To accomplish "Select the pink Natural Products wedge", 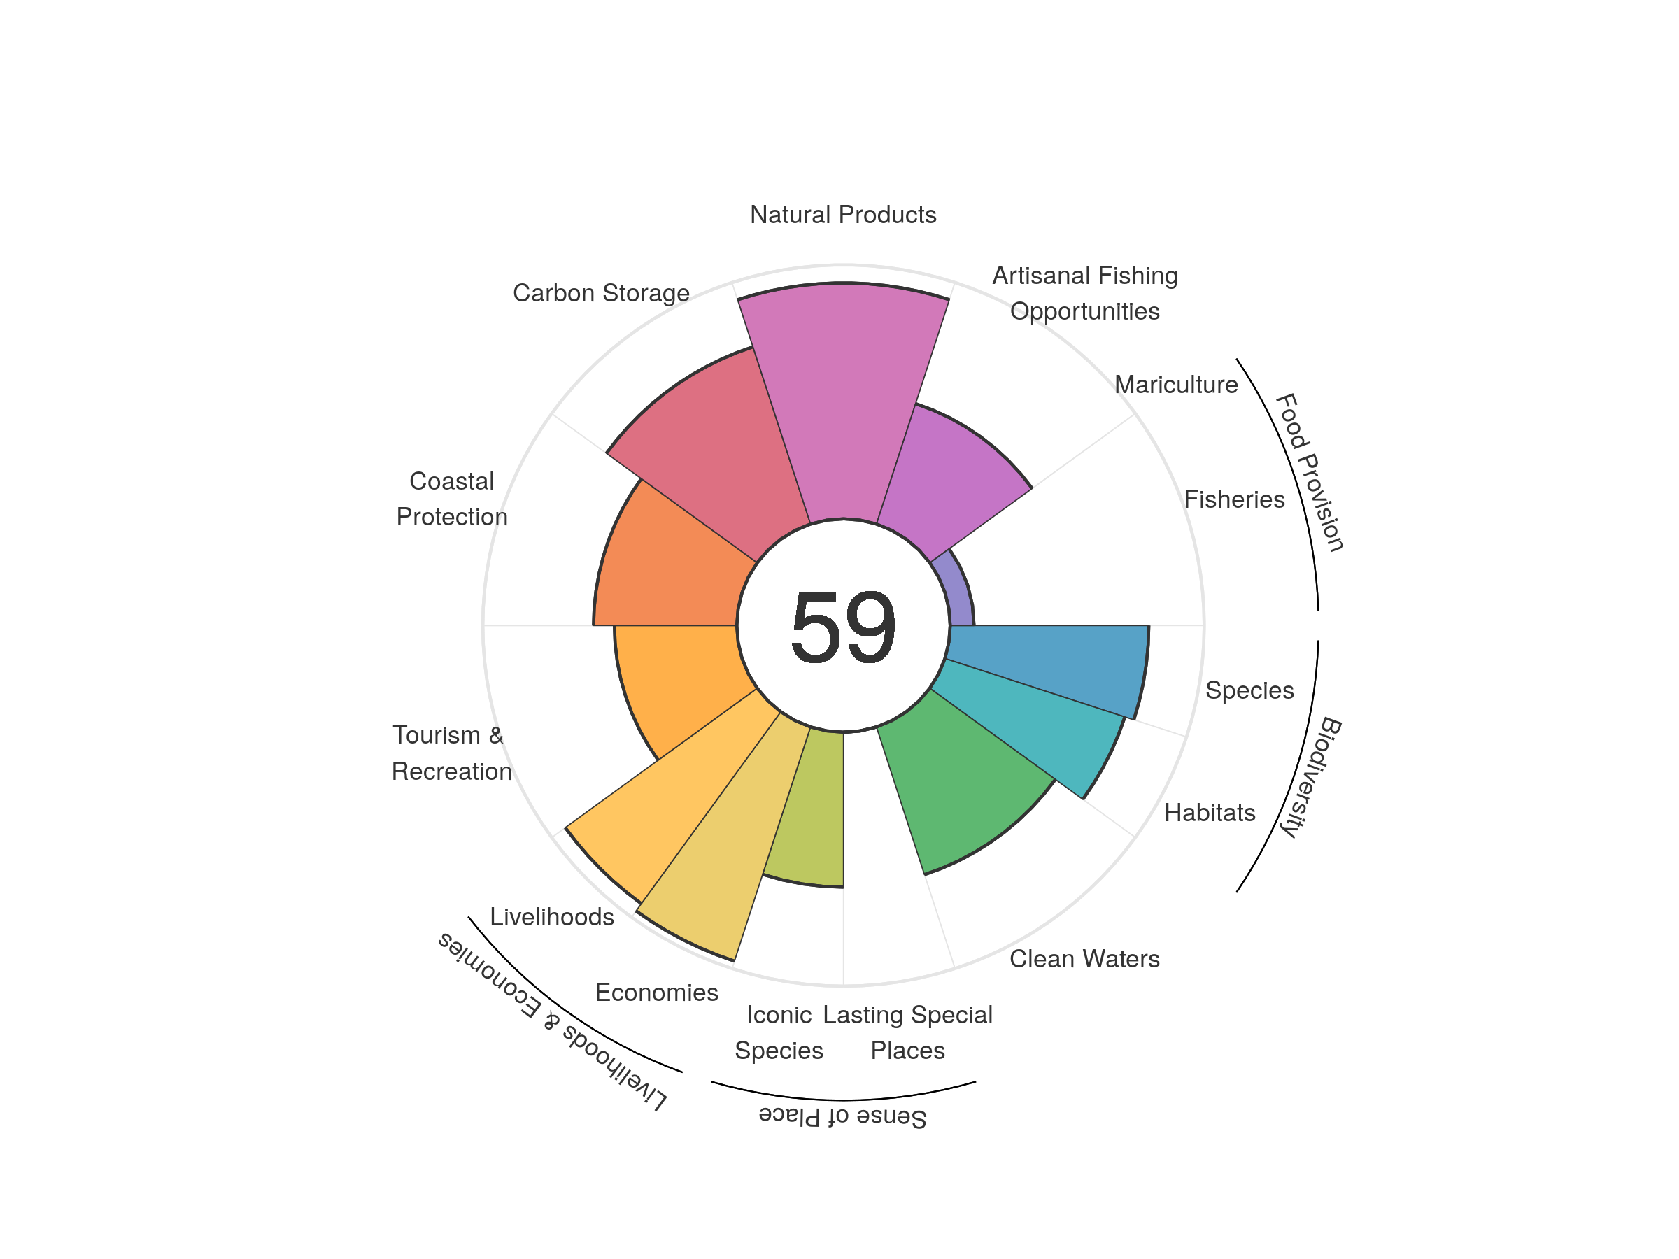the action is click(x=842, y=402).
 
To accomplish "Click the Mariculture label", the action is click(x=1176, y=385).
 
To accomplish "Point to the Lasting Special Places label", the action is click(x=908, y=1032).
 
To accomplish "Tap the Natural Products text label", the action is click(x=842, y=215).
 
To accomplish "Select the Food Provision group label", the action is click(x=1310, y=472).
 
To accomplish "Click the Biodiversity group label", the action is click(x=1311, y=777).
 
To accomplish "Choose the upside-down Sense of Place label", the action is click(x=842, y=1116).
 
